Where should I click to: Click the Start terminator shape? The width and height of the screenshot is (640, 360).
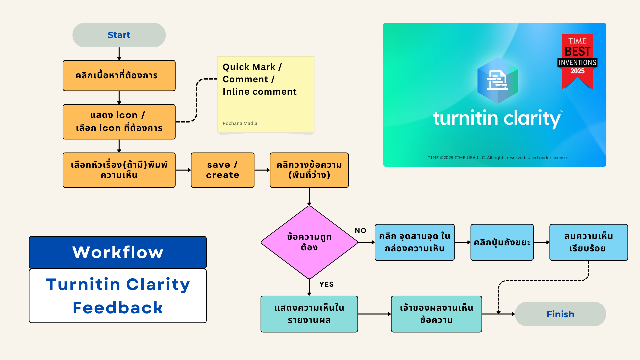(x=119, y=35)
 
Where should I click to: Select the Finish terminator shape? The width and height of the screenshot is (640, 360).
(x=560, y=314)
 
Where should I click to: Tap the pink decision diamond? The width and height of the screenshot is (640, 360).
(x=309, y=242)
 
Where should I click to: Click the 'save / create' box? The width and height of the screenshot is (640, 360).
(x=222, y=170)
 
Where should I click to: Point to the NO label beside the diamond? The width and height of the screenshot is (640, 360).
(x=360, y=230)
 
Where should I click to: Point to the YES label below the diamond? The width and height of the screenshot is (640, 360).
(x=326, y=284)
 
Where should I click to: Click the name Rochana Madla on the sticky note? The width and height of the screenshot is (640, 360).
(x=240, y=123)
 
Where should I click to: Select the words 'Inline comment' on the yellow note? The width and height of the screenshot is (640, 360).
(x=259, y=92)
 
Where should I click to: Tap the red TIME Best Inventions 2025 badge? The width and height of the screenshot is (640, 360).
(x=577, y=60)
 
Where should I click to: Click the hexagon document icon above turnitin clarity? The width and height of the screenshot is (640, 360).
(x=497, y=80)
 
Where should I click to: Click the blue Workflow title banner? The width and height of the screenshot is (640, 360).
(x=118, y=252)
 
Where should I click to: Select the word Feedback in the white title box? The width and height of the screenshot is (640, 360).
(x=118, y=307)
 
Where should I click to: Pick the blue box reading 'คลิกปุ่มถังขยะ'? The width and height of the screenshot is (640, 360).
(x=502, y=242)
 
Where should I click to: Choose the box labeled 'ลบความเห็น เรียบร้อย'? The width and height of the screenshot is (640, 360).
(x=588, y=242)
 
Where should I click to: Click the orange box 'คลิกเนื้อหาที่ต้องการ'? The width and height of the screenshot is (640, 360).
(x=119, y=75)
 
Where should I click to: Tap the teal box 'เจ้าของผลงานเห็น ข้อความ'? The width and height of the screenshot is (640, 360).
(x=436, y=314)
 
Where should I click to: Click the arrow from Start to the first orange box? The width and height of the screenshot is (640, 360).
(x=119, y=53)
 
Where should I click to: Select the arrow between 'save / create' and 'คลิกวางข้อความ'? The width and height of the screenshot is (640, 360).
(x=262, y=170)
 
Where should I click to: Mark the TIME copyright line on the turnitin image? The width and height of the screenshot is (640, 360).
(x=497, y=158)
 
